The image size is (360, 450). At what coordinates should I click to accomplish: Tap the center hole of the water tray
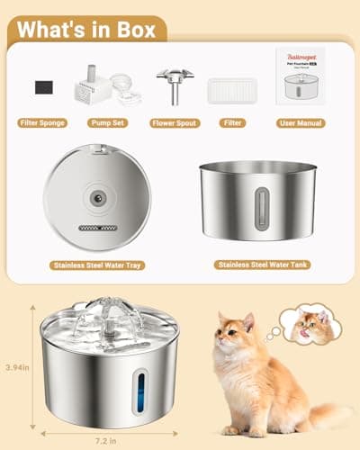click(96, 193)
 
